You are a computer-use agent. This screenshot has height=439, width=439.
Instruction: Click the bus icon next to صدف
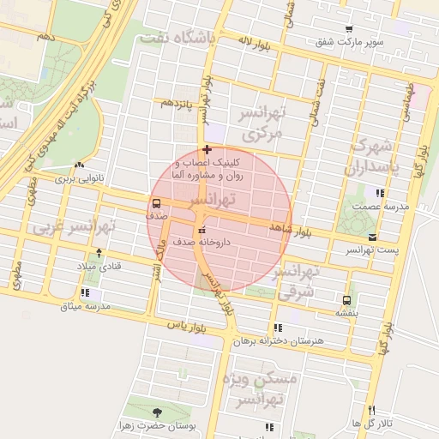point(156,204)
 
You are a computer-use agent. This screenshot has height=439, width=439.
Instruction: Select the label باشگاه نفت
point(179,38)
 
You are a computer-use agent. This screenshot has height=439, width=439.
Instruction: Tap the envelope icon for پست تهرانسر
point(372,237)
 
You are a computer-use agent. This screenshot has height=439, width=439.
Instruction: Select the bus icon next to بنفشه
point(346,301)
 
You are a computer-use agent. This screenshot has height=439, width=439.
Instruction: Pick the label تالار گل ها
point(372,424)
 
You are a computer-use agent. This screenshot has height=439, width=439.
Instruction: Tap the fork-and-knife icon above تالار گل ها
point(371,410)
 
